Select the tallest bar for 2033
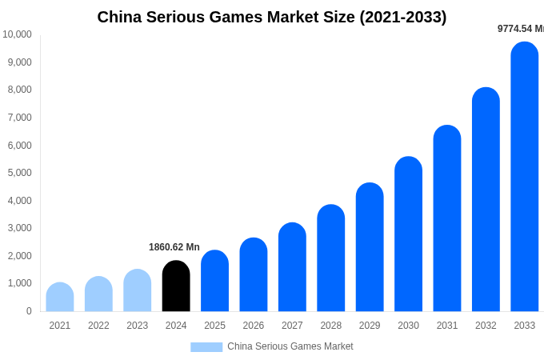coord(525,177)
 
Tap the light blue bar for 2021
coord(60,298)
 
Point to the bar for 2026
coord(254,275)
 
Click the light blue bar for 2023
coord(138,291)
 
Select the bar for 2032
coord(486,200)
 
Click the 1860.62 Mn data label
coord(174,247)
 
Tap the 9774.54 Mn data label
coord(520,29)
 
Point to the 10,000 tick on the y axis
coord(17,34)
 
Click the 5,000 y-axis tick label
coord(19,173)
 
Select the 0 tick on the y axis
coord(29,311)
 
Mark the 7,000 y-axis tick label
coord(19,118)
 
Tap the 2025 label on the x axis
coord(214,326)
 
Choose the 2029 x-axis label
coord(370,326)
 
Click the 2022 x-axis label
coord(98,326)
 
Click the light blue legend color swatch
coord(206,347)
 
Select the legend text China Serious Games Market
coord(290,346)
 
